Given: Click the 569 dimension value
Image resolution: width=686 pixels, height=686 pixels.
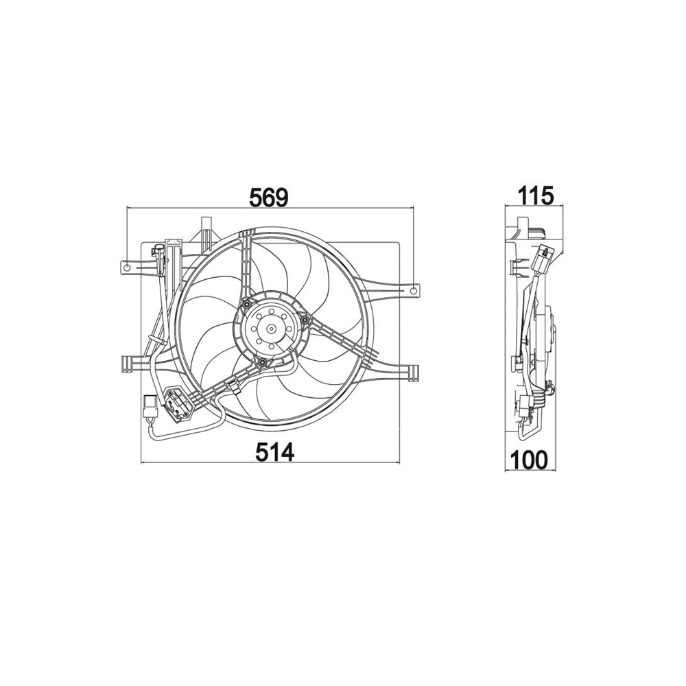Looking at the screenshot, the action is coord(269,198).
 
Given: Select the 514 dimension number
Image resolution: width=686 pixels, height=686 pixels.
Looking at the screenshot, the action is coord(275,451).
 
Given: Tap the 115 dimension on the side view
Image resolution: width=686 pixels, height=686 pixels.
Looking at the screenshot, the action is coord(536,196).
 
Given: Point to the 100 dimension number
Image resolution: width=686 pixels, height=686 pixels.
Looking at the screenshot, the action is coord(529,460).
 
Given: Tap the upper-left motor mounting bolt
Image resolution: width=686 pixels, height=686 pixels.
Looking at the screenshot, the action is coord(247,304).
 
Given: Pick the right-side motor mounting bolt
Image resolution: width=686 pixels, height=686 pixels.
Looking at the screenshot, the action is coord(305,322).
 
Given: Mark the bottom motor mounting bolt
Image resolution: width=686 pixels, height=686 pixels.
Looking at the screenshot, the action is coord(261,362).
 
